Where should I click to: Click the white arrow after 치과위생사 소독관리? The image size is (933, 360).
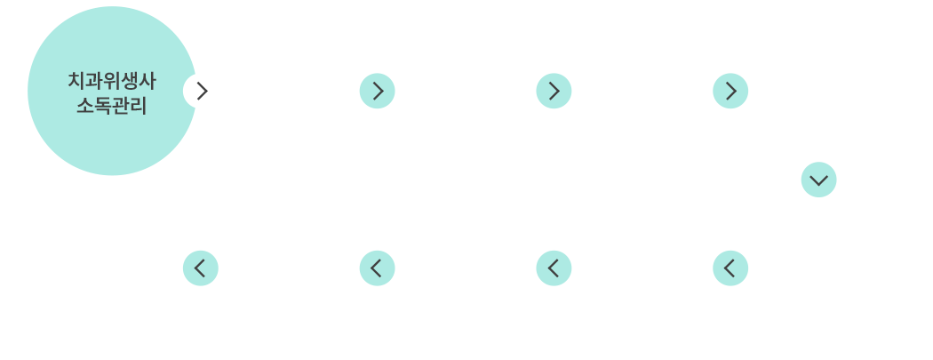[x=201, y=91]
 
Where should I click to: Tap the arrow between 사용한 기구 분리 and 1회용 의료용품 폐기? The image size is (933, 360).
[x=377, y=91]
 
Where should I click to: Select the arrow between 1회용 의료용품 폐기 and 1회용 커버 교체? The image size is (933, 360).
[x=554, y=91]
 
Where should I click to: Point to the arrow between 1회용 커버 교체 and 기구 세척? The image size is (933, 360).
[x=730, y=91]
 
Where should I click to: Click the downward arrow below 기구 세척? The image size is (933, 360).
[x=818, y=180]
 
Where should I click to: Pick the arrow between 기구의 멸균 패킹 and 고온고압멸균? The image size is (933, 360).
[x=730, y=267]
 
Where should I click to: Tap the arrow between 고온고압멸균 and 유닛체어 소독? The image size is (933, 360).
[x=554, y=267]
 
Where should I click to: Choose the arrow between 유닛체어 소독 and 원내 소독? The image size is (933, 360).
[x=377, y=267]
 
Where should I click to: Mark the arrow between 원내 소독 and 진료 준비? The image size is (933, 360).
[x=200, y=267]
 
